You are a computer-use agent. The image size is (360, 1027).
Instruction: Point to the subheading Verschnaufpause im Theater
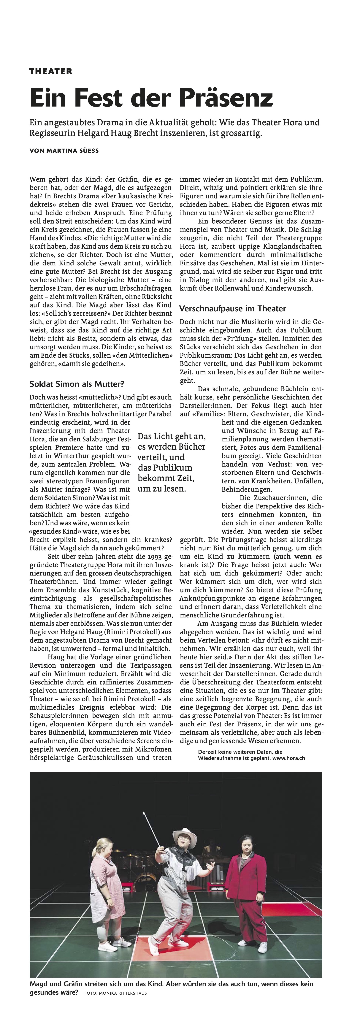tap(232, 309)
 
